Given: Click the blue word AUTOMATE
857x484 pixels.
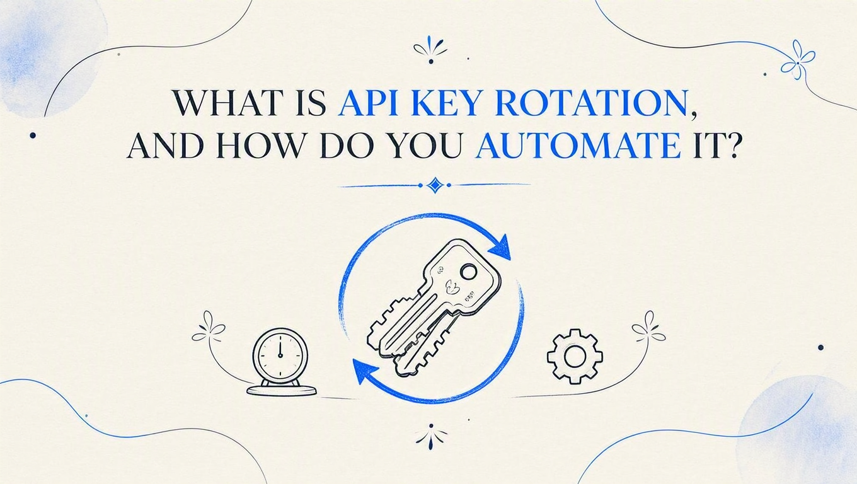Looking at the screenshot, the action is coord(577,146).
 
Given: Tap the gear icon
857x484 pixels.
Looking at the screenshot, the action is coord(575,356).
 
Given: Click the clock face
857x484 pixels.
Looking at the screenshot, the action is coord(280,355).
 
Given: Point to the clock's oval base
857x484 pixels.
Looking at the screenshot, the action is coord(282,390).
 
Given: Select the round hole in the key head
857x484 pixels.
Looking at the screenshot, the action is coord(468,272).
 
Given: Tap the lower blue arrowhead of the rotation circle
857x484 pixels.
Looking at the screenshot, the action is coord(364,371).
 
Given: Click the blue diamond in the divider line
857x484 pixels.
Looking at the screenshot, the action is coord(435,185).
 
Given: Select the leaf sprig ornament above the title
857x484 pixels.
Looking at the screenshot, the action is coord(431,49).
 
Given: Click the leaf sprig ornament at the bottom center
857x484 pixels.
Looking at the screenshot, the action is coord(431,436).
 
